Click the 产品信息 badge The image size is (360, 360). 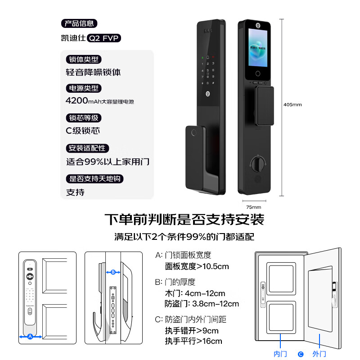(79, 23)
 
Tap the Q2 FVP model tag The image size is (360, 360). (104, 38)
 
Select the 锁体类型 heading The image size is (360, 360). (83, 59)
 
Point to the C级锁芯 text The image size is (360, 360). (83, 131)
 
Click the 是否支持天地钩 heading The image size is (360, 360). (94, 179)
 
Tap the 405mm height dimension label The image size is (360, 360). (292, 104)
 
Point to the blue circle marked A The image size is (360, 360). (30, 336)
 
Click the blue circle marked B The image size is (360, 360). (113, 272)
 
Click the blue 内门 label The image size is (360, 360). (280, 354)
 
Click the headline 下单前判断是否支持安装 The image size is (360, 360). (184, 220)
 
